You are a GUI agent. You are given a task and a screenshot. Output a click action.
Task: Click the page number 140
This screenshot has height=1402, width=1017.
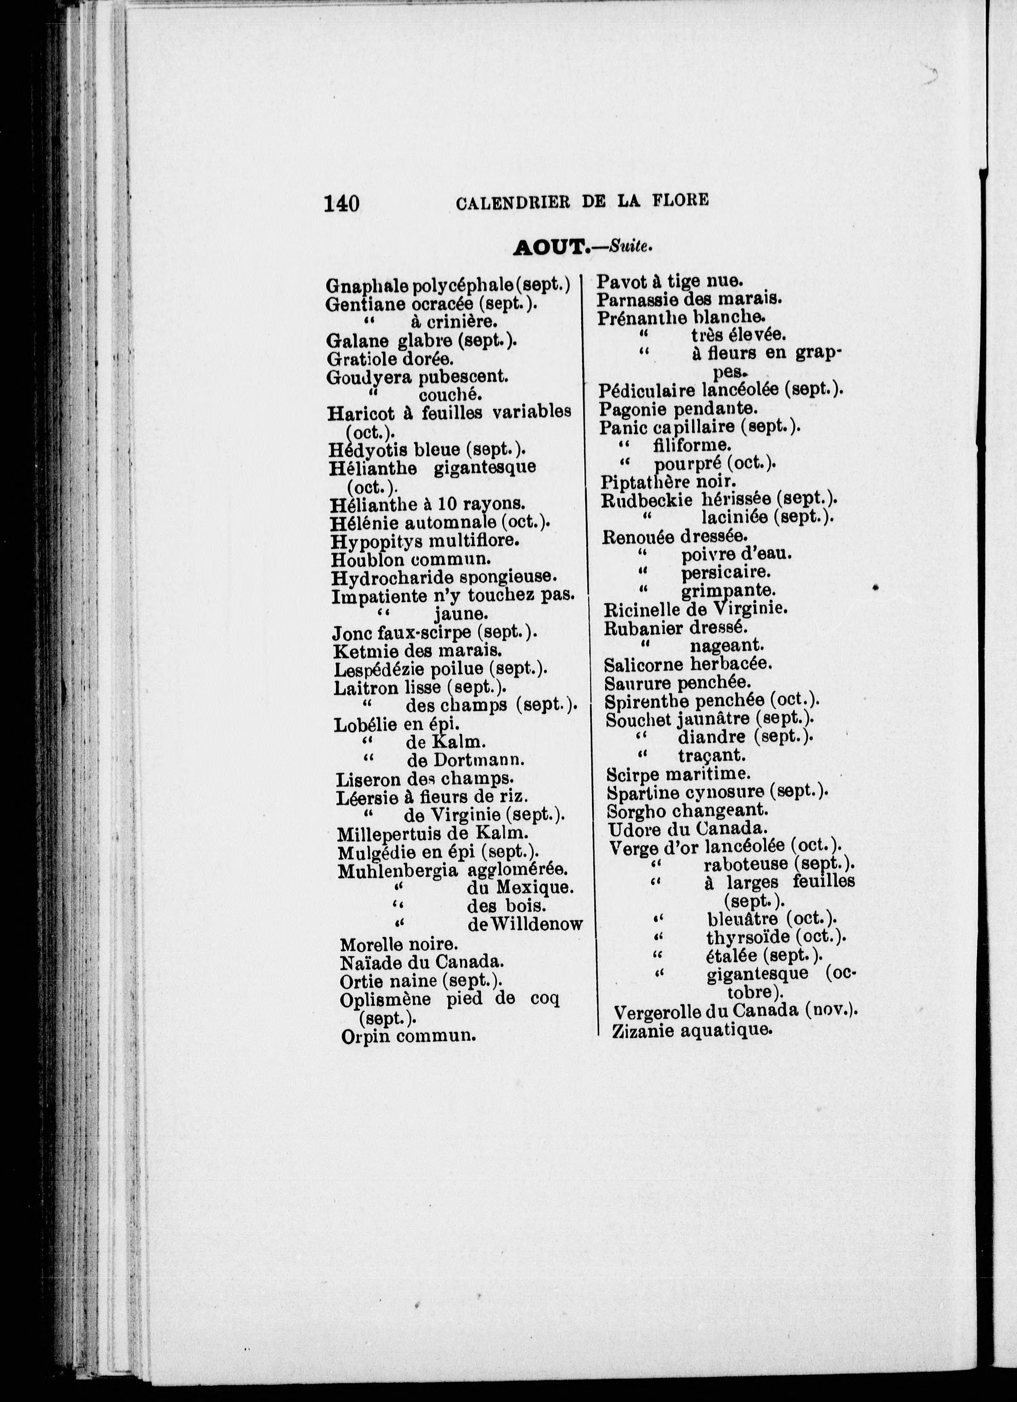[341, 203]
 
